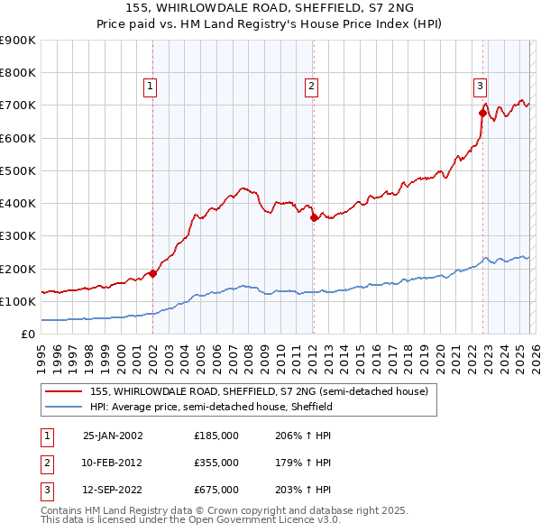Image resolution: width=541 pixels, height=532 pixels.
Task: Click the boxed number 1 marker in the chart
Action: point(150,87)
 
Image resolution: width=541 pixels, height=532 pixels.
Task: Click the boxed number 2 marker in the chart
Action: point(311,87)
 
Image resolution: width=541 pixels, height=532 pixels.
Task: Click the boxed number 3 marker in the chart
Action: point(480,87)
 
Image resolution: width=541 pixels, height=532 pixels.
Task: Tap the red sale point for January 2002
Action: point(152,274)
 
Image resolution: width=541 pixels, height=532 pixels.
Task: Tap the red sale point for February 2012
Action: point(313,217)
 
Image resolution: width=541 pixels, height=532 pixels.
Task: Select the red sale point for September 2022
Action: point(482,113)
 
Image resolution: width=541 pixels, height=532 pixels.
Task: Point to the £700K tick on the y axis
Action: point(18,105)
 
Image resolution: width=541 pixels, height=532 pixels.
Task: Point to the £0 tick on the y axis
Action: point(27,334)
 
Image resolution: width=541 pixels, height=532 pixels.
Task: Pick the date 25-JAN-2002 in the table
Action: point(113,436)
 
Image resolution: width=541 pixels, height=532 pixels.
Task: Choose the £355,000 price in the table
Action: point(216,463)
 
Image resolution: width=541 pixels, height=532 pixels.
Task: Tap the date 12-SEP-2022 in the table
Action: point(113,491)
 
